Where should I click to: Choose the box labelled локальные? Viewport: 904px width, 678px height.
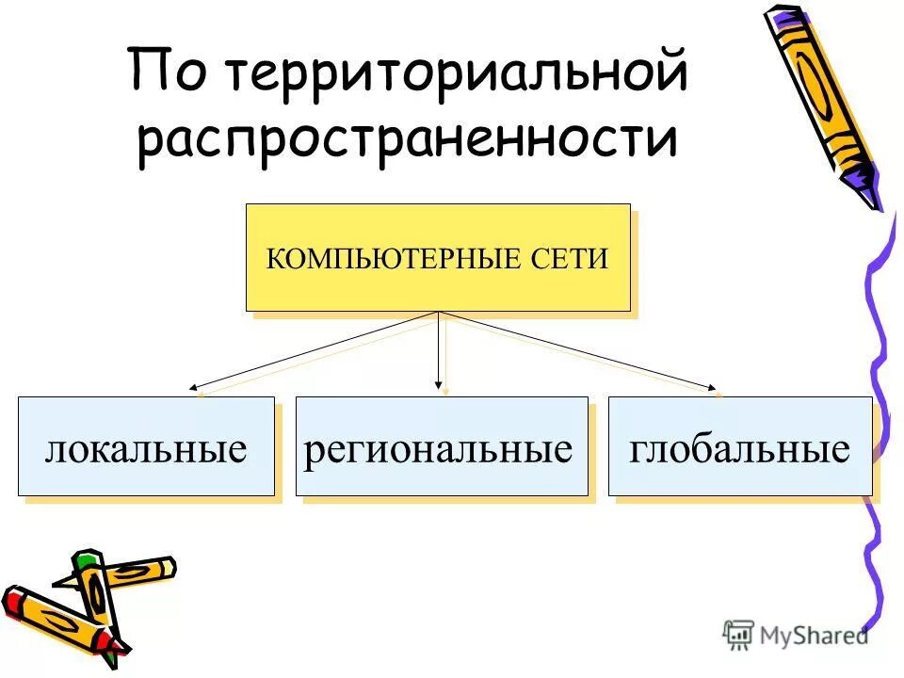click(146, 447)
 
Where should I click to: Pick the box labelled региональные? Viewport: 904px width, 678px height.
click(441, 447)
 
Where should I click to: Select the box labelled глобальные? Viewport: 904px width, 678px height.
click(740, 447)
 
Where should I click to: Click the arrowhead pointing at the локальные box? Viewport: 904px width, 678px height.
click(193, 386)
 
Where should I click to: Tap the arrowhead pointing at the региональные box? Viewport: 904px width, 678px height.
click(438, 383)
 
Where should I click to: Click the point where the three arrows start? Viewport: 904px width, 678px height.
click(438, 312)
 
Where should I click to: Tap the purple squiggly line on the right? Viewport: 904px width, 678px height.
click(878, 377)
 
